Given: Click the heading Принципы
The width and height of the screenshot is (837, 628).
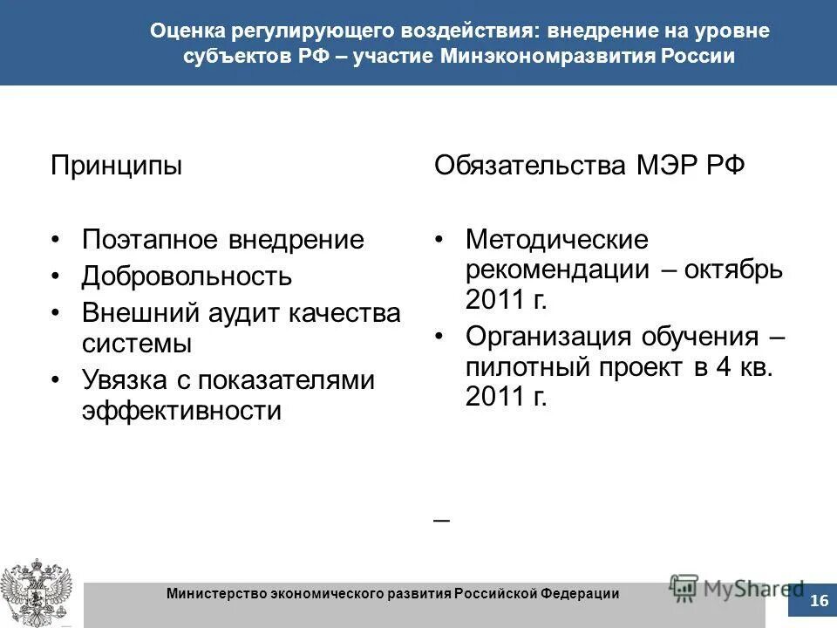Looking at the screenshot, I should click(116, 165).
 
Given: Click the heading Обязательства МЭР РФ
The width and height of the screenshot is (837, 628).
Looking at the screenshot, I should click(589, 165).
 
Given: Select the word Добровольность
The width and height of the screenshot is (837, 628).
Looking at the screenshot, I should click(187, 277).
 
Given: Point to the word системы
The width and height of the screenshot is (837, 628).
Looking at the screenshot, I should click(137, 343).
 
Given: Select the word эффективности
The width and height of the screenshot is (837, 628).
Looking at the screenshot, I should click(181, 410).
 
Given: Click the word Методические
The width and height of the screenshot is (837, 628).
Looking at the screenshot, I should click(557, 239).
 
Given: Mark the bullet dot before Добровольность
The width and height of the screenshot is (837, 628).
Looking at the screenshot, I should click(56, 277).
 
